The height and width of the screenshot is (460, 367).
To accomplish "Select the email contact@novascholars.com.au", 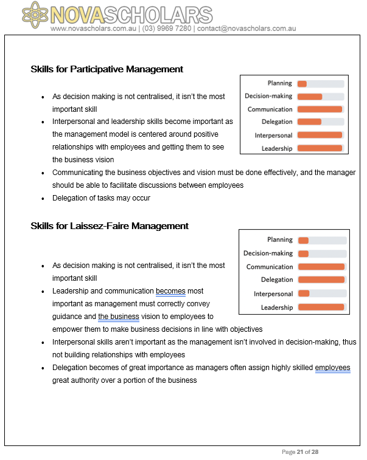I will (x=246, y=29).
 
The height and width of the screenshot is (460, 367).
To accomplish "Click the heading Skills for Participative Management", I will (x=107, y=69).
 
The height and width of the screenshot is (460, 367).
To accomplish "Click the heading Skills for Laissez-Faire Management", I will (x=110, y=226).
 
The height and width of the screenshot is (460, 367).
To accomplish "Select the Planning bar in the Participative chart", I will (x=320, y=84).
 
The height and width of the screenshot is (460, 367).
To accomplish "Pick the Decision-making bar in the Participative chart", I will (x=320, y=97).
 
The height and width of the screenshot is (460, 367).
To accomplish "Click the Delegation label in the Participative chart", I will (x=277, y=122).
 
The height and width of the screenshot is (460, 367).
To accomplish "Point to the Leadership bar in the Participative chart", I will (x=320, y=148).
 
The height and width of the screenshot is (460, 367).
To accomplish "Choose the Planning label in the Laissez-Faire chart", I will (x=280, y=240).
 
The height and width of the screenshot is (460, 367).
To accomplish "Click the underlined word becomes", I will (x=170, y=291).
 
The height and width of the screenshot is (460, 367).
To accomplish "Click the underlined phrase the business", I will (x=119, y=317).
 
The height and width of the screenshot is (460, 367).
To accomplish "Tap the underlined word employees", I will (x=332, y=368).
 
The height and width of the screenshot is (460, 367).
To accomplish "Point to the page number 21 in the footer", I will (x=301, y=451).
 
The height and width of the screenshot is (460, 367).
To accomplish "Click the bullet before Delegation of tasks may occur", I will (x=43, y=199).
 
